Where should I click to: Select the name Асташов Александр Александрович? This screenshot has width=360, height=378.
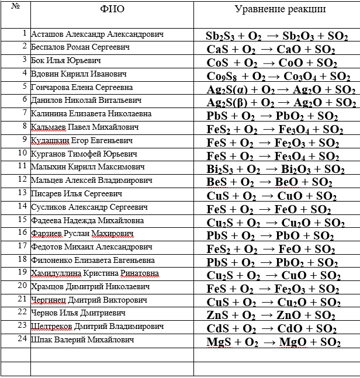point(97,34)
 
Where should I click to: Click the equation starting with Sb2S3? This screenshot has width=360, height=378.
point(276,36)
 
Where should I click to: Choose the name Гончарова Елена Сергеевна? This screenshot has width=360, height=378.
point(81,87)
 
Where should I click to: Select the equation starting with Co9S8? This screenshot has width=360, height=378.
point(275,76)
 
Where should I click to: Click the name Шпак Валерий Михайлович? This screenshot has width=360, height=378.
point(82,339)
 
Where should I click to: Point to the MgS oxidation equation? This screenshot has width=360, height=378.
point(274,342)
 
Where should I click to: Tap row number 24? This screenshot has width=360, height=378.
point(22,338)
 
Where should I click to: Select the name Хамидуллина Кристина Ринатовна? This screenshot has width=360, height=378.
point(93,273)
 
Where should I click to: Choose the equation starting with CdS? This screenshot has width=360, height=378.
point(271,328)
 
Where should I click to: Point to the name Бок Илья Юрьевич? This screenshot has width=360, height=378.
point(66,60)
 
